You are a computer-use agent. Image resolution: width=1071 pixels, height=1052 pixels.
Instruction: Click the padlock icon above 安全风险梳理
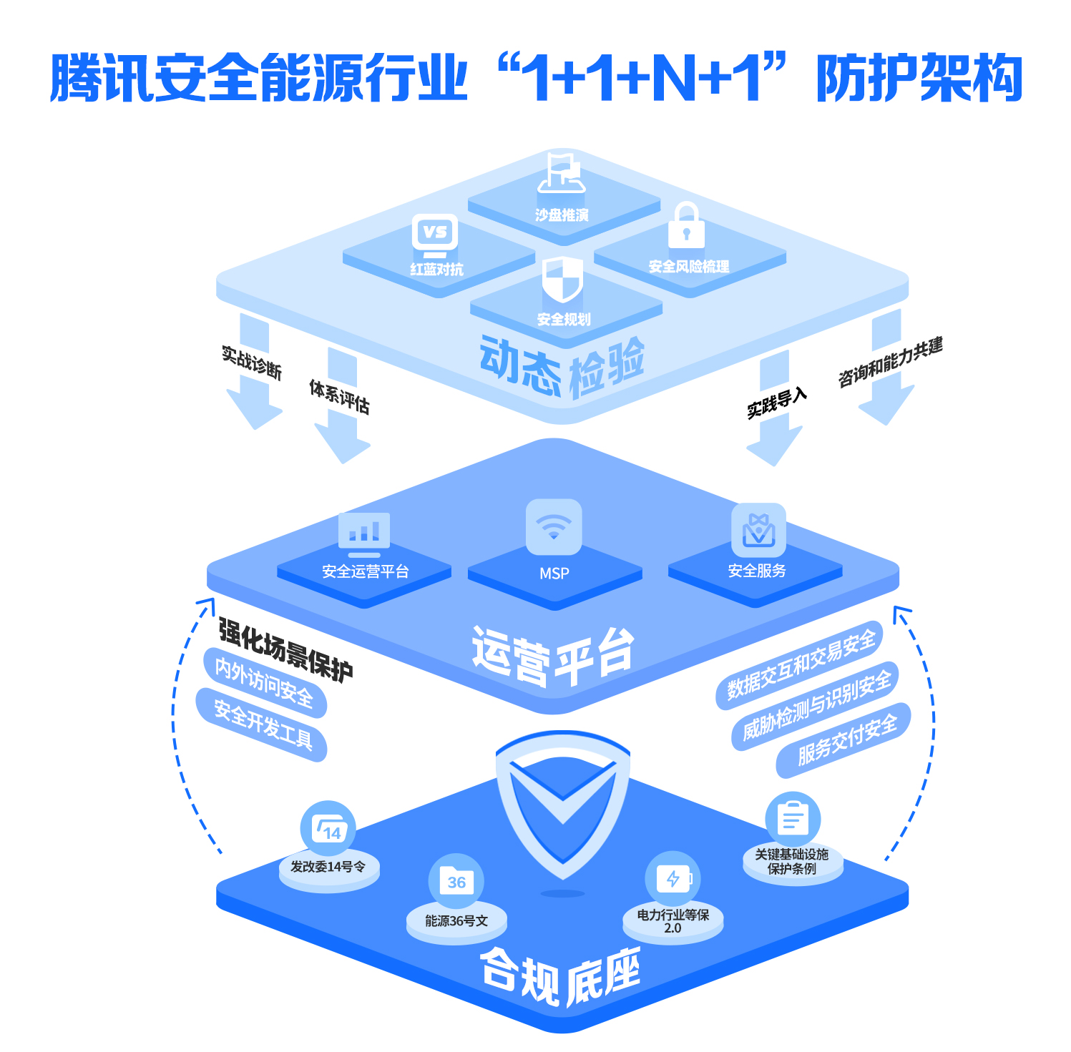[x=686, y=226]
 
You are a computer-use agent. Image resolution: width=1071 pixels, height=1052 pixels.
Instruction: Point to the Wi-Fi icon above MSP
[x=553, y=527]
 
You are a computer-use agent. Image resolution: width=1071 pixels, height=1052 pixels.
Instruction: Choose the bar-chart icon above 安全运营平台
[x=364, y=533]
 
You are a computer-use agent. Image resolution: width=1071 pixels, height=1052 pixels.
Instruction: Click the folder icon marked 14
[x=328, y=828]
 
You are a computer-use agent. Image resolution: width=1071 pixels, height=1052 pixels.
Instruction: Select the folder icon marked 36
[x=456, y=881]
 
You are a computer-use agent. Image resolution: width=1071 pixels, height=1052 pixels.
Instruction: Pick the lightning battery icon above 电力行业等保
[x=673, y=878]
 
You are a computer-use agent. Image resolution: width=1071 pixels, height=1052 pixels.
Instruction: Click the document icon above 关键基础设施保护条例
[x=793, y=819]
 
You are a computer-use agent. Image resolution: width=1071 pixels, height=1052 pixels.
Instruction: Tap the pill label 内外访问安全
[x=265, y=682]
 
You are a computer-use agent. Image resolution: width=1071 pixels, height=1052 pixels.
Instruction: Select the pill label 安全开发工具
[x=263, y=724]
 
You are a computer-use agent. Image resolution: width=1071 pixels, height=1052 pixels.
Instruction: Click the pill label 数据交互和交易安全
[x=801, y=664]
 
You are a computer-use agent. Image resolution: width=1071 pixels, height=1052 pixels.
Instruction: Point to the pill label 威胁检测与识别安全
[x=816, y=705]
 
